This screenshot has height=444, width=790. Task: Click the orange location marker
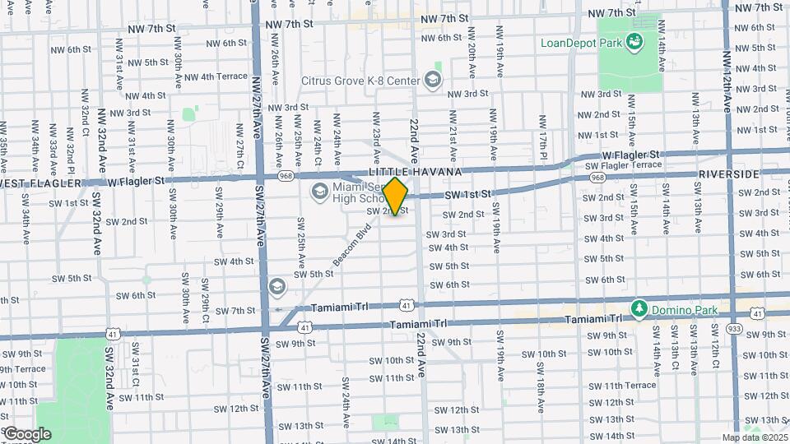[x=396, y=197]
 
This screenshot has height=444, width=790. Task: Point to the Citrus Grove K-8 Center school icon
[x=433, y=80]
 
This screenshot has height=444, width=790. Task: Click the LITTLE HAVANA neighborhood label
[x=404, y=172]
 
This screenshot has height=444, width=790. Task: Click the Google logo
[x=26, y=434]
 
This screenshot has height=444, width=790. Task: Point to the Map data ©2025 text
[x=755, y=437]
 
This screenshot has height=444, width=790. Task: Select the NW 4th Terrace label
[x=216, y=76]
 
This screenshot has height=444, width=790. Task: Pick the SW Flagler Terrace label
[x=623, y=165]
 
